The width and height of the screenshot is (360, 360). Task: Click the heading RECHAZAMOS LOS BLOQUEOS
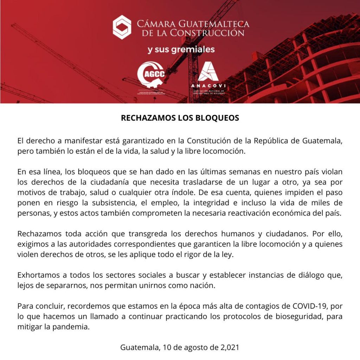(180, 118)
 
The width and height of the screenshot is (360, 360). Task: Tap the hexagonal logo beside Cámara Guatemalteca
(122, 27)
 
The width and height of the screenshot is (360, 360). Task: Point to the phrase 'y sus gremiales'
(181, 50)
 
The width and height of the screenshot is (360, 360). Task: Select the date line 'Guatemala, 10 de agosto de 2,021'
(180, 348)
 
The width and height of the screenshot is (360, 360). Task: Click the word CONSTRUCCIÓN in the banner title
(207, 33)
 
